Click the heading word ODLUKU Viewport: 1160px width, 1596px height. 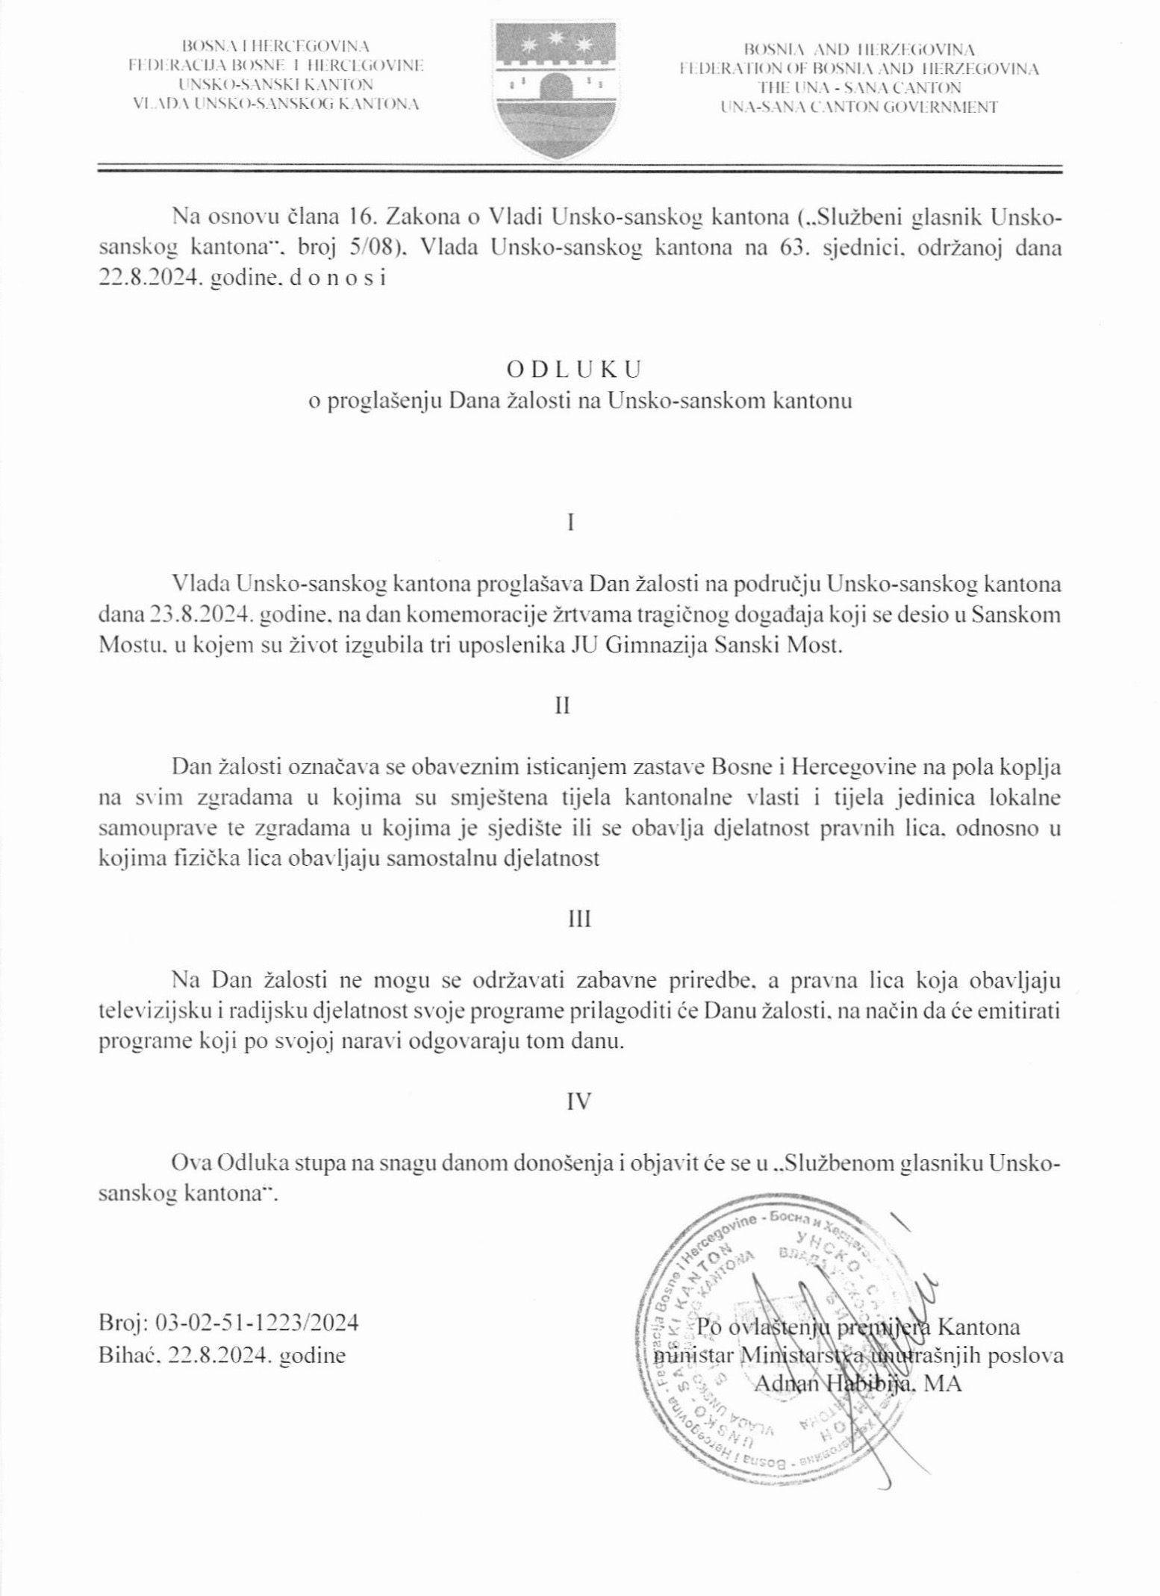tap(574, 370)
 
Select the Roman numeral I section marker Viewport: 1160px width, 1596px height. tap(571, 522)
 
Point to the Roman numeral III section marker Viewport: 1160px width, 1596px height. tap(579, 919)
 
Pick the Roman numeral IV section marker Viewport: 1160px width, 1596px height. tap(580, 1101)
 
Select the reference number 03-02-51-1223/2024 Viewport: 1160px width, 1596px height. tap(256, 1323)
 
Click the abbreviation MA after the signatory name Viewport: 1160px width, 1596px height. tap(944, 1383)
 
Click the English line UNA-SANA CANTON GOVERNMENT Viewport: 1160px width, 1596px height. tap(858, 107)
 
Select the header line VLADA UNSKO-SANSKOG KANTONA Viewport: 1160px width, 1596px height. tap(275, 104)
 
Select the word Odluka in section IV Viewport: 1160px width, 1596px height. tap(246, 1163)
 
